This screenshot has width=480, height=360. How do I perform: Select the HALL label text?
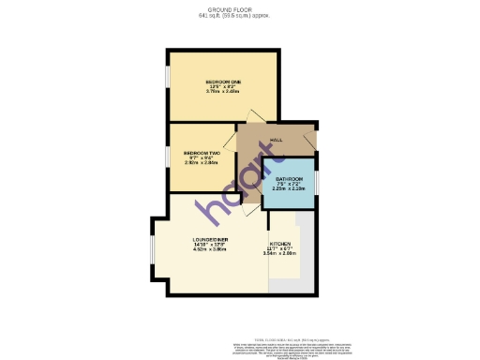277,140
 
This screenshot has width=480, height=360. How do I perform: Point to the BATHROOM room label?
289,178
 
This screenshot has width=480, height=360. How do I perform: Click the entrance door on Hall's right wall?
310,143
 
